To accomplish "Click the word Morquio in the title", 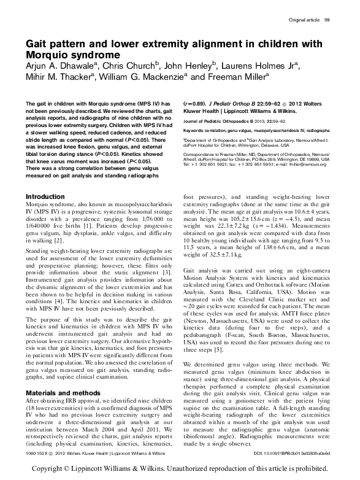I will tap(52, 55).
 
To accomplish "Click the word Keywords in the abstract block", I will tap(197, 130).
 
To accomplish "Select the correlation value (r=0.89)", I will tap(195, 105).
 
